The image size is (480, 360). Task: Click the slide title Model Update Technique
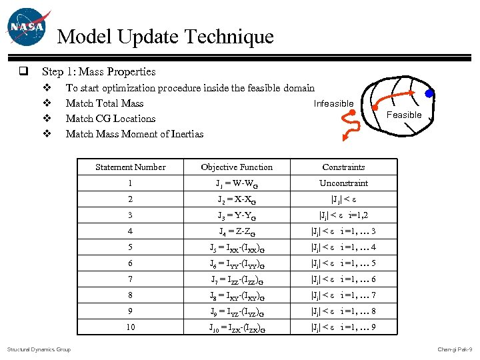[x=165, y=37]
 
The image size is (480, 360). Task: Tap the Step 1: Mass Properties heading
[x=99, y=72]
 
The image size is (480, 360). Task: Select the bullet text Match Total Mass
[x=105, y=103]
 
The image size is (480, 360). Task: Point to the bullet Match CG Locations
[x=111, y=119]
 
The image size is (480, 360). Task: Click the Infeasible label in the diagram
[x=333, y=103]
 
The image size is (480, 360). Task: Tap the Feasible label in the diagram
[x=404, y=115]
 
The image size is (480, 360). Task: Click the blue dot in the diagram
[x=431, y=93]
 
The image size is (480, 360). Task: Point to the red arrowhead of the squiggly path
[x=345, y=138]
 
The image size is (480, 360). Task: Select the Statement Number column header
[x=131, y=167]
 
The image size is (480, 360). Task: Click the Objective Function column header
[x=237, y=167]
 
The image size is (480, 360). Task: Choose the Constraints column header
[x=343, y=167]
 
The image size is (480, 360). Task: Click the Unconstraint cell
[x=343, y=183]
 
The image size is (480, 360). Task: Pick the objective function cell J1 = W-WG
[x=237, y=184]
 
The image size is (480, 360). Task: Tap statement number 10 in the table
[x=131, y=327]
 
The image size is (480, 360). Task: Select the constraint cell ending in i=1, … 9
[x=343, y=327]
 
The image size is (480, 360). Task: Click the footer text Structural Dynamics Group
[x=39, y=349]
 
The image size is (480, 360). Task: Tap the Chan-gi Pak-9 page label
[x=455, y=349]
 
